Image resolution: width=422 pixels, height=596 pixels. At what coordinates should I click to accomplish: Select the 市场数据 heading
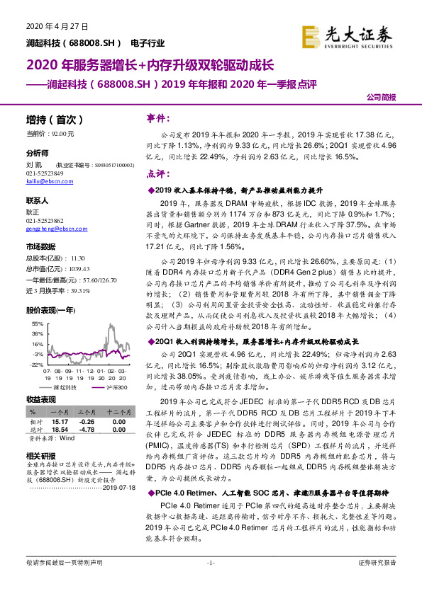[x=40, y=247]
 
